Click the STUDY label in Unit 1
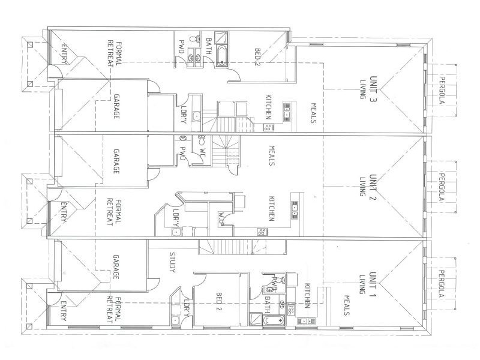(x=173, y=262)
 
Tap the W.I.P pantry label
(x=221, y=218)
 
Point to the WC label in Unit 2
(x=203, y=152)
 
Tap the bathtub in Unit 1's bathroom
(x=274, y=320)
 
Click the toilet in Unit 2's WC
(x=202, y=140)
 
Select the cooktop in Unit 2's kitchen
(x=262, y=232)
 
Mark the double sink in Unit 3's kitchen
(x=287, y=112)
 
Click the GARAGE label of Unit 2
(x=116, y=161)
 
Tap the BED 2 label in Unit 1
(x=219, y=302)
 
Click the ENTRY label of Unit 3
(x=64, y=54)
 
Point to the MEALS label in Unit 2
(x=271, y=155)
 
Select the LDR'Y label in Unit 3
(x=184, y=115)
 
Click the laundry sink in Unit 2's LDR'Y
(x=176, y=232)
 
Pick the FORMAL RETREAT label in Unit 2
(x=114, y=212)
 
